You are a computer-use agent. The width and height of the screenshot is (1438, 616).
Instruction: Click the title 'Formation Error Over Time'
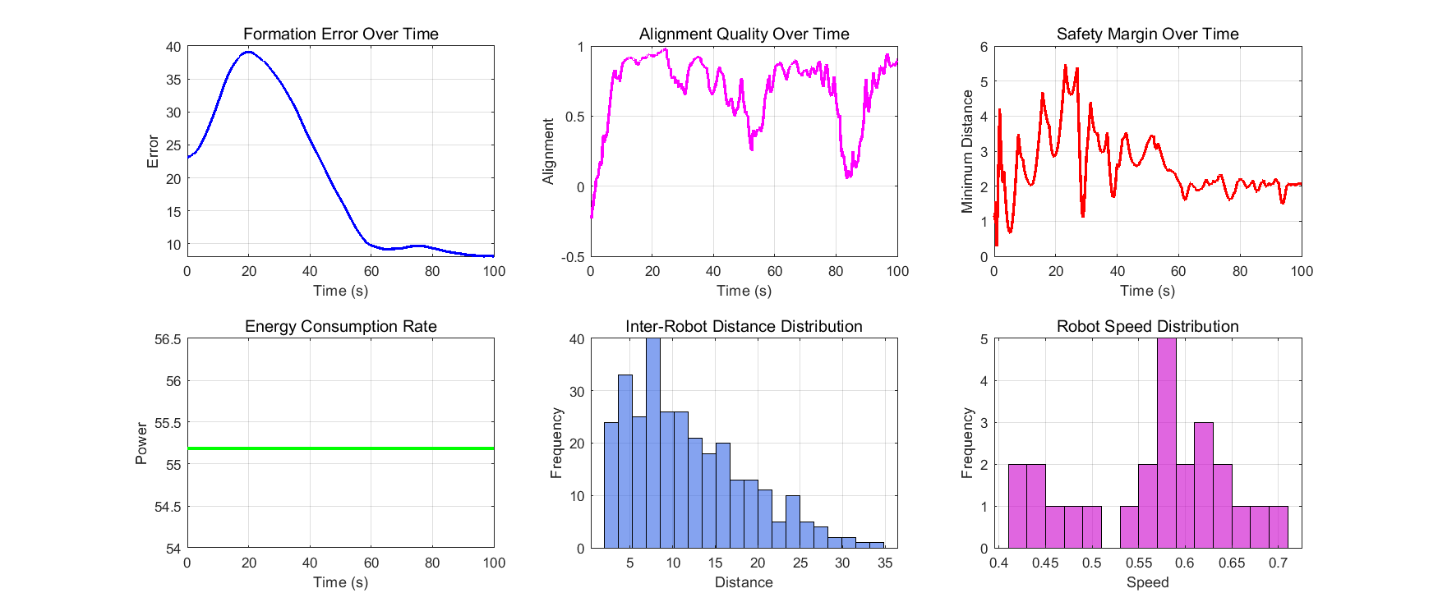340,34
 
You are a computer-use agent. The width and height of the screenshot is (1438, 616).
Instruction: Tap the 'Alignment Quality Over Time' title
744,34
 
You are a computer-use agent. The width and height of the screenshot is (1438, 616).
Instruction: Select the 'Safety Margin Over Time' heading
1147,34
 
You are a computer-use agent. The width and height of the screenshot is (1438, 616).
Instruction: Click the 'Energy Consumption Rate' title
340,326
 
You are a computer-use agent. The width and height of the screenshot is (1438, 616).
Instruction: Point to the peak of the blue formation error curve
248,52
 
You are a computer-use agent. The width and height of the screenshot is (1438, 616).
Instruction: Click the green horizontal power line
340,448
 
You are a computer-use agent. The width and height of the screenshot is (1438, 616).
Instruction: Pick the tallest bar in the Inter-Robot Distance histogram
653,444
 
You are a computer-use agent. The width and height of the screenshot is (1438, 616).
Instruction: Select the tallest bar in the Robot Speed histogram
1166,444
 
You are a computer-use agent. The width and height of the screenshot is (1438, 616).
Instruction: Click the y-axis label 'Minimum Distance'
967,152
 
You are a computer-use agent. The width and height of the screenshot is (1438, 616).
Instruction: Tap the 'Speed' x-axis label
1147,582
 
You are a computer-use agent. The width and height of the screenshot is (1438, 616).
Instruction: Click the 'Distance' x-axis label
744,582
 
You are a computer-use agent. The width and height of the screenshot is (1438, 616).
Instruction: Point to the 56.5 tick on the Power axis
168,339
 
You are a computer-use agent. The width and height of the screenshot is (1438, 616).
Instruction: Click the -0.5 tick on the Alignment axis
574,257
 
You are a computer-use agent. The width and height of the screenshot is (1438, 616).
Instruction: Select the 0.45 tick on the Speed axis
1045,563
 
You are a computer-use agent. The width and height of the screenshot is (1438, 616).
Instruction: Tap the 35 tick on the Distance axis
885,563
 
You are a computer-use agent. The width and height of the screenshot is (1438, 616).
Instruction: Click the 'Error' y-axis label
153,152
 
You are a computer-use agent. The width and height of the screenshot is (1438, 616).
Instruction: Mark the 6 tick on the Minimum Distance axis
984,47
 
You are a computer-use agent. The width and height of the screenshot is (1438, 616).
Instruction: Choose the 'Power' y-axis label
141,444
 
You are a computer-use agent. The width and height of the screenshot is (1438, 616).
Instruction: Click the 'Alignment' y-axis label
549,152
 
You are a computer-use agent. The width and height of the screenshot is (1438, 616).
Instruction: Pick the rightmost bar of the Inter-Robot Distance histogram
878,545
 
